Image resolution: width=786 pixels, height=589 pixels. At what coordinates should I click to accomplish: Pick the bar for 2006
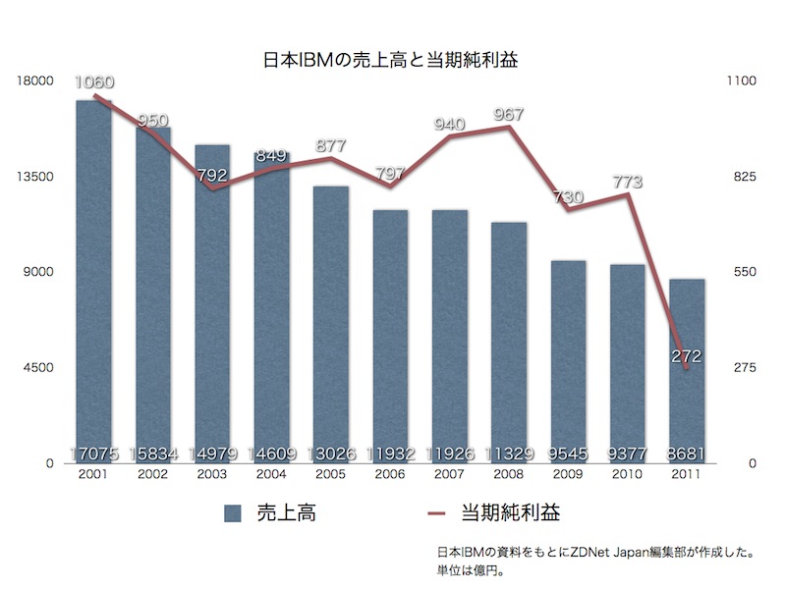[390, 334]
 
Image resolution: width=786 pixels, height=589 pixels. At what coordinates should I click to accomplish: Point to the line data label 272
[687, 356]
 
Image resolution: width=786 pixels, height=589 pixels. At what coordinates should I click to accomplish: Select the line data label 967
[509, 114]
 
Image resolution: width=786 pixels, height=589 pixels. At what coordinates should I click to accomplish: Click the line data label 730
[568, 196]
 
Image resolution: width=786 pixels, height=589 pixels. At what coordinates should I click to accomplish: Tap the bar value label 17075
[94, 454]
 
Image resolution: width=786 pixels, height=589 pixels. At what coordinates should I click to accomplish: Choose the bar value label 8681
[687, 454]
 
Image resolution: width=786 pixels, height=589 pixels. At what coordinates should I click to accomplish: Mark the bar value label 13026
[331, 454]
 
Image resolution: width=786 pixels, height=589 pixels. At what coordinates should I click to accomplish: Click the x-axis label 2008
[509, 474]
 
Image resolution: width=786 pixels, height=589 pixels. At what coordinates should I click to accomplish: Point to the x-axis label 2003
[212, 474]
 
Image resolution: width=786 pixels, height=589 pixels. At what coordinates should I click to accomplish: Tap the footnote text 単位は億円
[475, 568]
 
